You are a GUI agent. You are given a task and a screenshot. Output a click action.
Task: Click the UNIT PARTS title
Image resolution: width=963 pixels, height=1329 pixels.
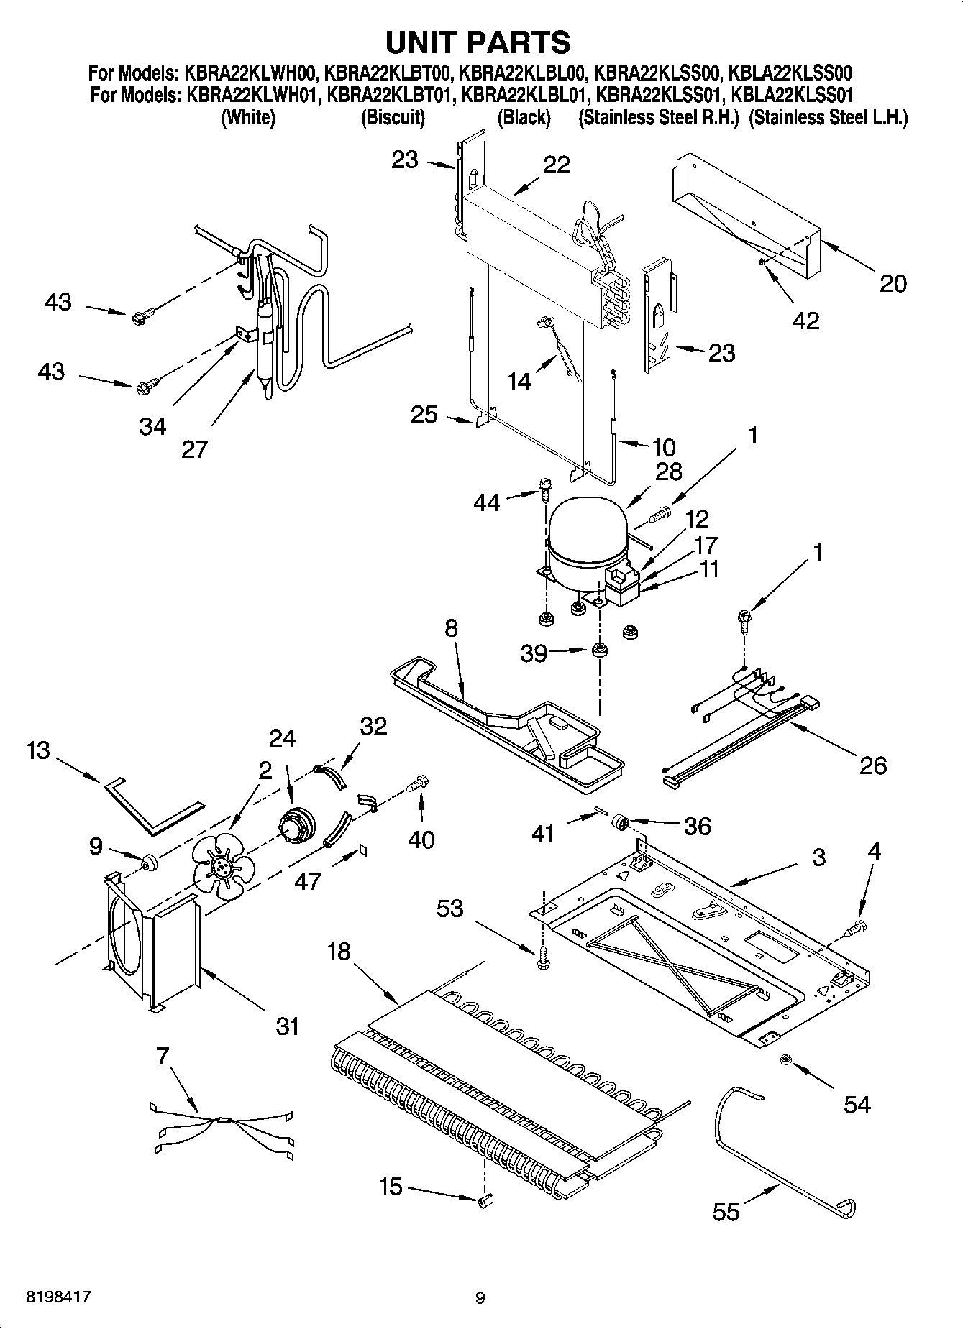[x=478, y=42]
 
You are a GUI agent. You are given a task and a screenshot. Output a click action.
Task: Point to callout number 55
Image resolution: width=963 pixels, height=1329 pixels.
[x=726, y=1212]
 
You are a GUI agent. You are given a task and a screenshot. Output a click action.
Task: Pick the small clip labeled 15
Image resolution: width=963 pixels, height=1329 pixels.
[x=486, y=1198]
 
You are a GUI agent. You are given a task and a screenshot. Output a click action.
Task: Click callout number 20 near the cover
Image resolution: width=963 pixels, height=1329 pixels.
[x=893, y=283]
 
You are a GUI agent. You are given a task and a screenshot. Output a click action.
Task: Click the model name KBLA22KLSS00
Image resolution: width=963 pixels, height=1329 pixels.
[x=791, y=73]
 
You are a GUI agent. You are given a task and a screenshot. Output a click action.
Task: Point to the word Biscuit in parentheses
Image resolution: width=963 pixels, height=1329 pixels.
[x=393, y=118]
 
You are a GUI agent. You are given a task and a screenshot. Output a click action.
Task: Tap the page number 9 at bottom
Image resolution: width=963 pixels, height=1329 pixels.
[x=480, y=1298]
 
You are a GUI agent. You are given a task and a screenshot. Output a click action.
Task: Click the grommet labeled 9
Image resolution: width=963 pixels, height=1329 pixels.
[x=150, y=860]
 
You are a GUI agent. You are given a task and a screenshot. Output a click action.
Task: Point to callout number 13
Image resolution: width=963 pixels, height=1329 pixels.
[x=38, y=750]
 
